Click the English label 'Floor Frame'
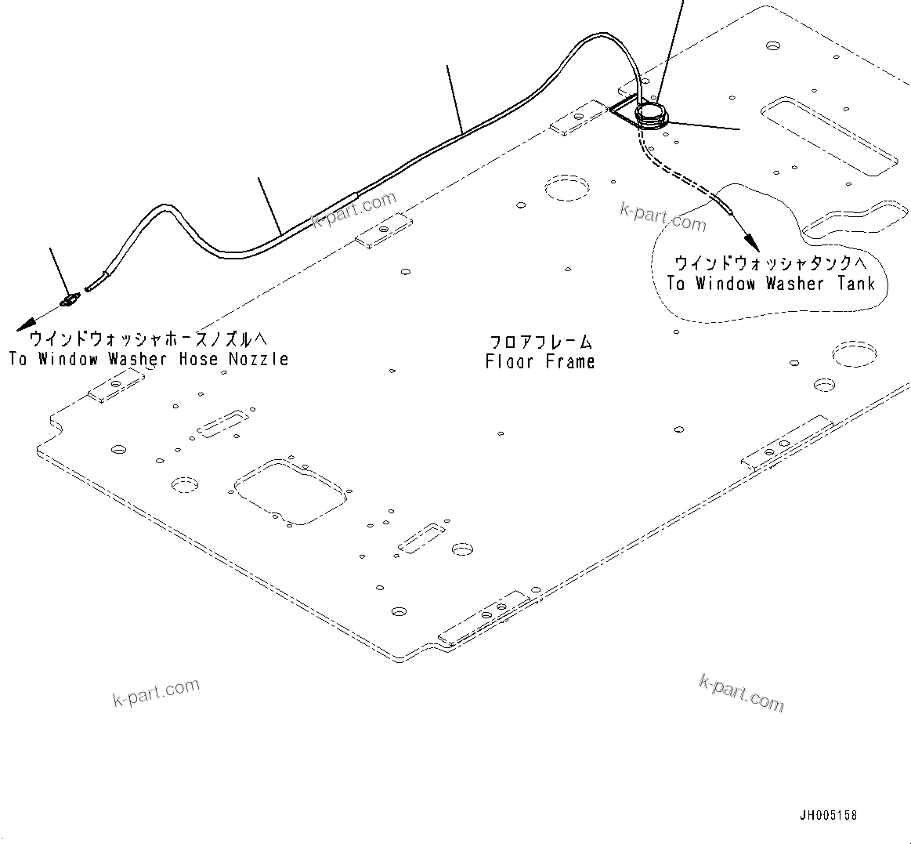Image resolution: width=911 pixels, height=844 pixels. [540, 361]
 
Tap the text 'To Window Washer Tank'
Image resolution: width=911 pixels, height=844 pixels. [771, 284]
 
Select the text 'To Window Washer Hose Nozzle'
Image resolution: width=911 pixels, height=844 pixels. [149, 359]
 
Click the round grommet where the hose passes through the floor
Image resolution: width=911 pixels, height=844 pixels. [651, 115]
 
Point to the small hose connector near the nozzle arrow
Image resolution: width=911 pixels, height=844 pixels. [70, 299]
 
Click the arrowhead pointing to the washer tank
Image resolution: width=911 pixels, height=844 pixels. [749, 239]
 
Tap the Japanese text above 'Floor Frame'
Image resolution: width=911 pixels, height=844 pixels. [540, 342]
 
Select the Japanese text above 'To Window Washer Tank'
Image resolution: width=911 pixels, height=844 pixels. [771, 263]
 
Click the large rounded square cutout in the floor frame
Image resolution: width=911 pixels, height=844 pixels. [289, 491]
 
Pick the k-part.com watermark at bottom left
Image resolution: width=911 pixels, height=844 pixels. [157, 692]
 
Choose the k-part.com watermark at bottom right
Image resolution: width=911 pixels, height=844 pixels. [740, 693]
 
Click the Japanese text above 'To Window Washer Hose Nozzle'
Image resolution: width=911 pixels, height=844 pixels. [149, 339]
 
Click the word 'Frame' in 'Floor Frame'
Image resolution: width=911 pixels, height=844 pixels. [566, 361]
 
